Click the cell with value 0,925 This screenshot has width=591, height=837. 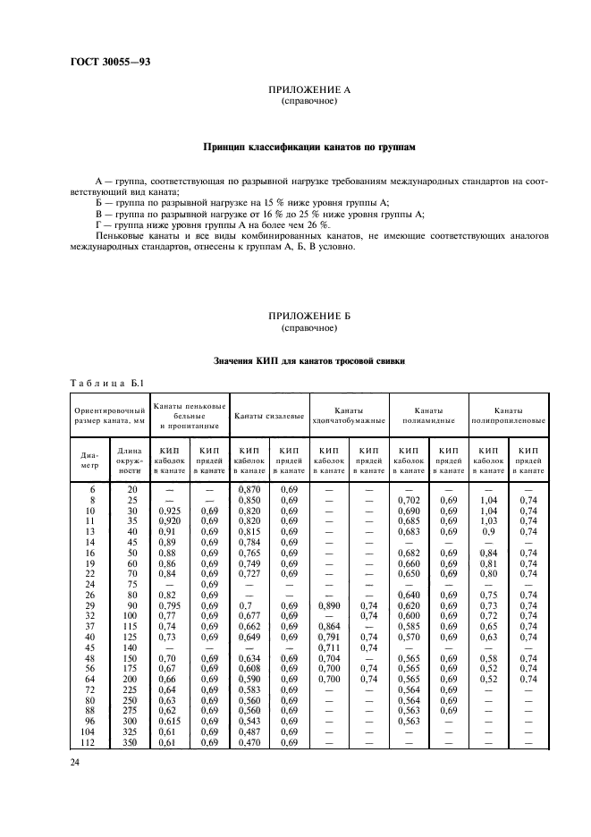pos(171,511)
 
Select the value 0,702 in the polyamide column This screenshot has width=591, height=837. pos(408,500)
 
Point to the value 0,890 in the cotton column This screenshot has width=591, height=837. pos(329,606)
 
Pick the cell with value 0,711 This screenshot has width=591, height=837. pos(330,648)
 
